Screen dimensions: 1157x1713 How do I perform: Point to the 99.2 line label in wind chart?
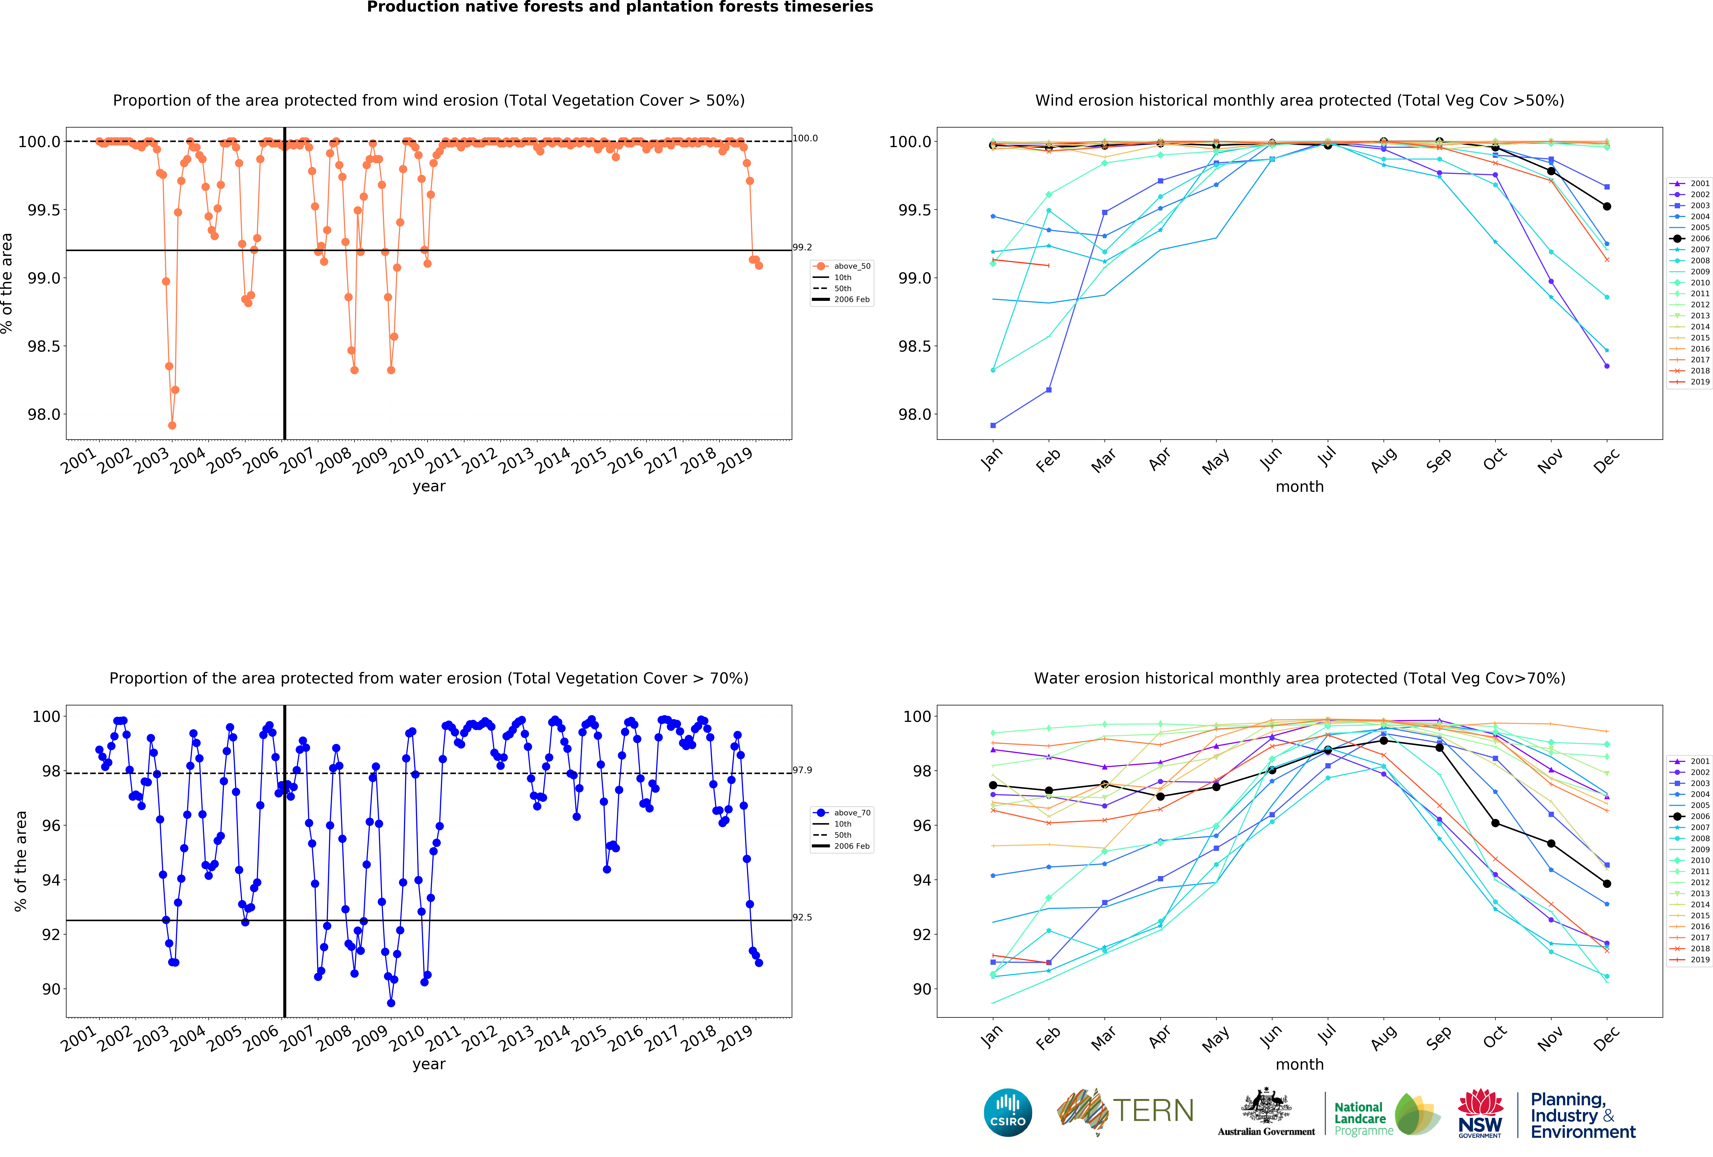pyautogui.click(x=802, y=248)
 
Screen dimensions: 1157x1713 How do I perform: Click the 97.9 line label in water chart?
pyautogui.click(x=802, y=770)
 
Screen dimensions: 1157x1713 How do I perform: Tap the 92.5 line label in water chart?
pyautogui.click(x=802, y=918)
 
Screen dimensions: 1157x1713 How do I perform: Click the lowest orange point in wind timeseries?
pyautogui.click(x=172, y=425)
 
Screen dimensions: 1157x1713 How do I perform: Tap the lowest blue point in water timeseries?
pyautogui.click(x=391, y=1003)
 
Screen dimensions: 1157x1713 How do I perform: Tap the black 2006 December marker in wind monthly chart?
pyautogui.click(x=1607, y=206)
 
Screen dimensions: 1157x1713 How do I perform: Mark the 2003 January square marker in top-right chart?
pyautogui.click(x=993, y=425)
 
